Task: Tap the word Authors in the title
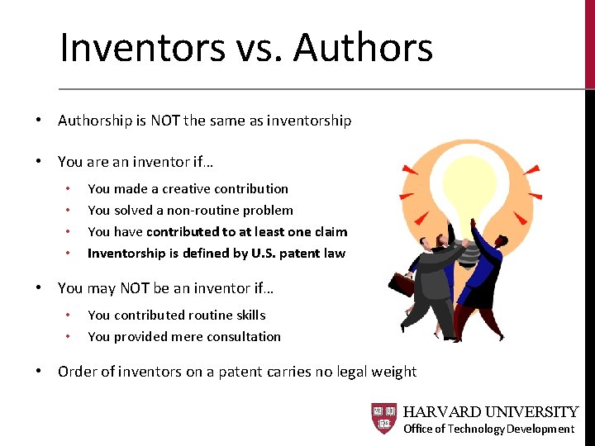[363, 47]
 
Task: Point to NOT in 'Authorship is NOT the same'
[164, 121]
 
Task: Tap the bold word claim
[331, 231]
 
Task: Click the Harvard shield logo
[384, 419]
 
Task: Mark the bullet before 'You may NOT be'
[39, 288]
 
